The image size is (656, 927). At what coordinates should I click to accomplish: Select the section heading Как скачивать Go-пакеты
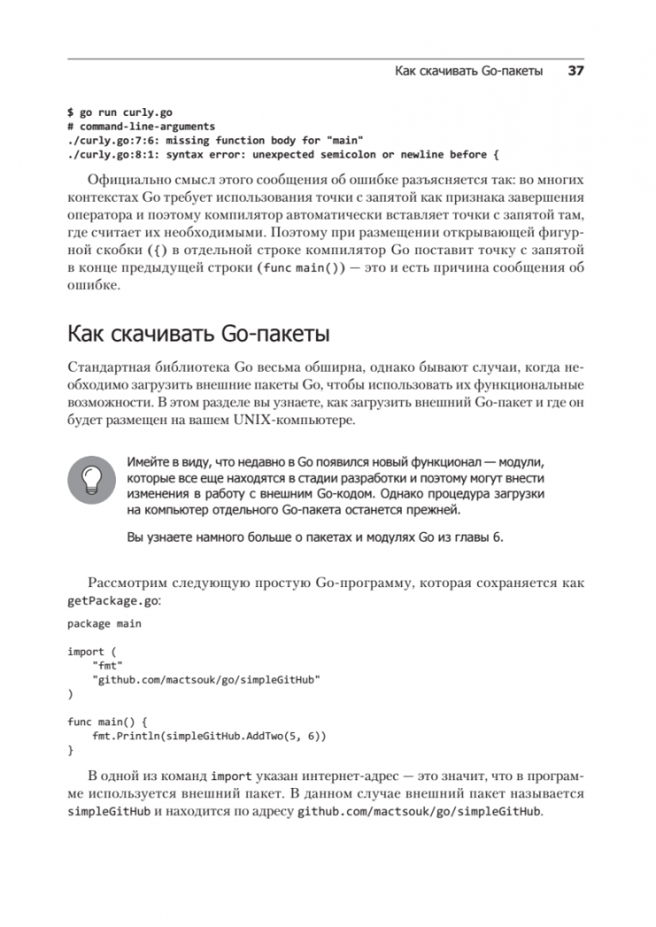(198, 332)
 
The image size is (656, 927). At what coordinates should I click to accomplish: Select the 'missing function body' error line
(216, 139)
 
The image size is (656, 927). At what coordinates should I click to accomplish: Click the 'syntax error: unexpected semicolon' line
(282, 154)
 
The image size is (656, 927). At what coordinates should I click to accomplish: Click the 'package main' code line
(104, 624)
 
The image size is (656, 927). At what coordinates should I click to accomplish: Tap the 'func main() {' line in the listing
(108, 722)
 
